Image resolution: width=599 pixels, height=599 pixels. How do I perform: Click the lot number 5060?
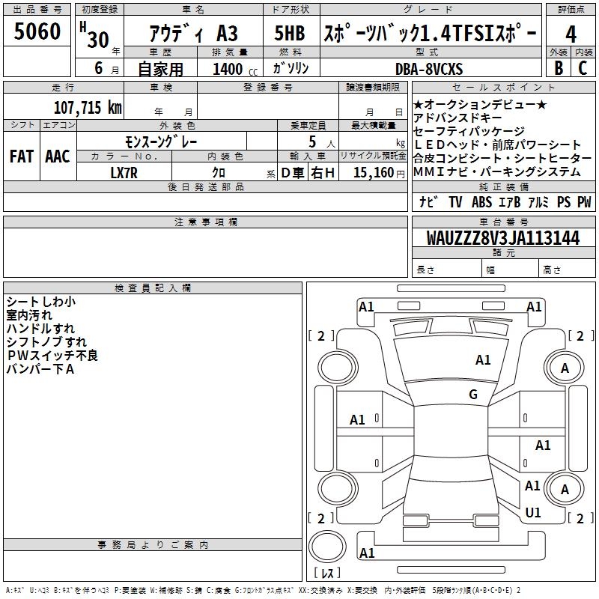click(x=37, y=32)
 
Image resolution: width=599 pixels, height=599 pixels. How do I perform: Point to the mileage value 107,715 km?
click(x=88, y=107)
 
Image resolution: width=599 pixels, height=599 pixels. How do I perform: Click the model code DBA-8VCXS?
click(x=429, y=69)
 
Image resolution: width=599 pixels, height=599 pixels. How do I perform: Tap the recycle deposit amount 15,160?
click(x=374, y=172)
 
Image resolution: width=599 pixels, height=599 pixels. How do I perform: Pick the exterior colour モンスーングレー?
click(x=161, y=141)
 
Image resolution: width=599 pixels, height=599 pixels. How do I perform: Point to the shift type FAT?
click(x=22, y=156)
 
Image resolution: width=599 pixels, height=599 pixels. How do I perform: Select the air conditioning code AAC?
click(x=58, y=156)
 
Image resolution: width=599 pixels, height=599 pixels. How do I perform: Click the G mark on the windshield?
click(x=473, y=395)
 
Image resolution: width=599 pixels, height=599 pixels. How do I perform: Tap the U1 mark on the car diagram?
click(x=533, y=513)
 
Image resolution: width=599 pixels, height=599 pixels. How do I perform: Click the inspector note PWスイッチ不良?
click(x=52, y=356)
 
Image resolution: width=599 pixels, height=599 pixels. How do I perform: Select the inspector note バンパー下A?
click(x=40, y=369)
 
